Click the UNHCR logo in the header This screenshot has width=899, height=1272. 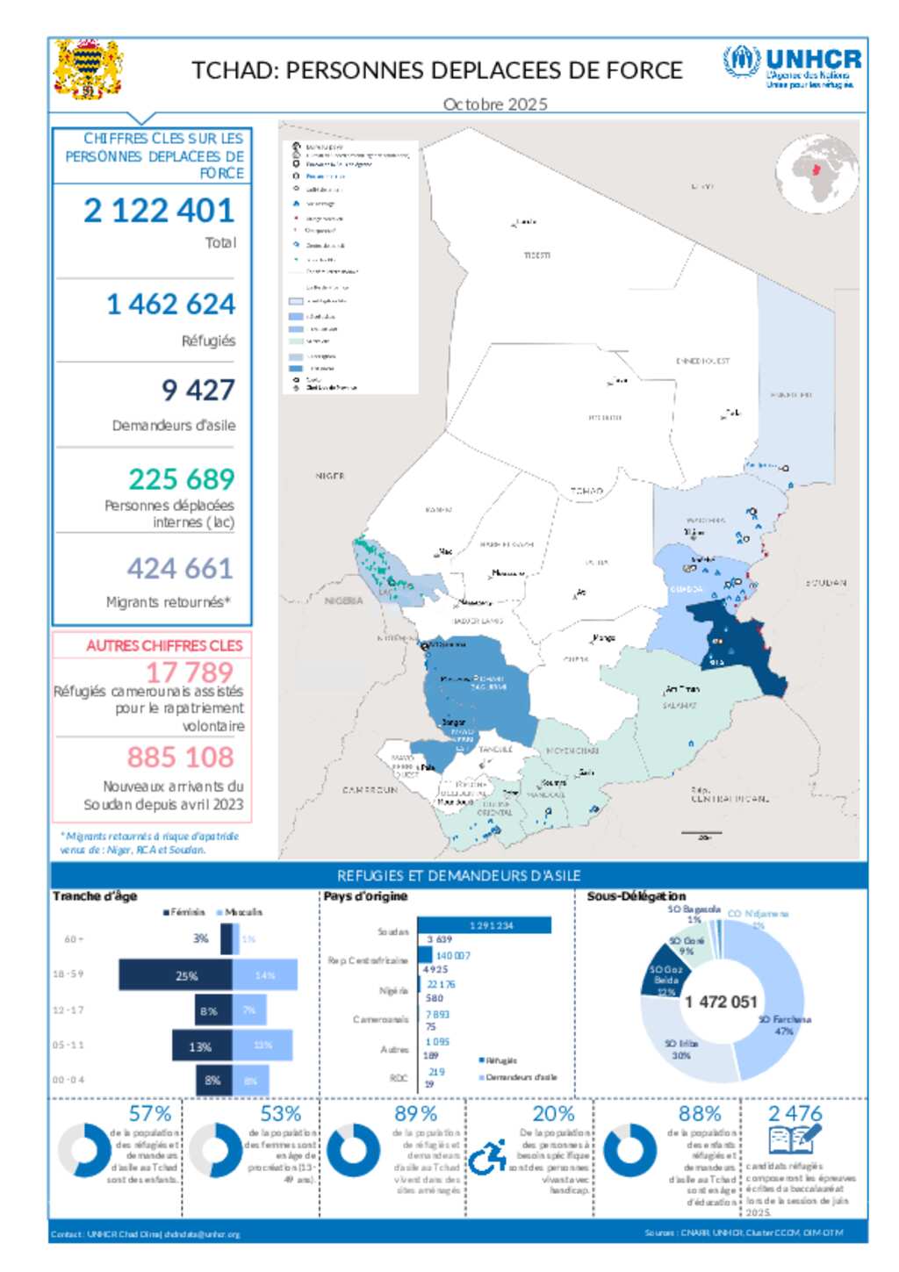click(x=791, y=66)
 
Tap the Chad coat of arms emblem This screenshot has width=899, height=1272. click(x=87, y=69)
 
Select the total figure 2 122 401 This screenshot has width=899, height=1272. click(x=159, y=211)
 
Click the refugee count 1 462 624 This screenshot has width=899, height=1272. click(x=170, y=305)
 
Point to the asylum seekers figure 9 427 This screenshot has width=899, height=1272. click(x=198, y=390)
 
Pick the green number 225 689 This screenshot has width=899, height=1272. click(x=182, y=479)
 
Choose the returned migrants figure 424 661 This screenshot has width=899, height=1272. click(x=180, y=569)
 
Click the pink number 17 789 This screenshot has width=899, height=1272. click(x=189, y=672)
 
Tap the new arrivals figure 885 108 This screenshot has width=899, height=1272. click(x=180, y=757)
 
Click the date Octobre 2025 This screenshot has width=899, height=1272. click(x=495, y=104)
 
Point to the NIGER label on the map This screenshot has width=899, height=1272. click(x=330, y=476)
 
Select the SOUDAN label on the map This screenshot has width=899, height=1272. click(x=825, y=583)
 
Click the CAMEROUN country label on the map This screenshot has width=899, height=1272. click(x=370, y=790)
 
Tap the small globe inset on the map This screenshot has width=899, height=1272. click(x=816, y=175)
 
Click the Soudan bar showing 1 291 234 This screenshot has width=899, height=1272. click(x=485, y=925)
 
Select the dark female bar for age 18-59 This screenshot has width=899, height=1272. click(x=176, y=975)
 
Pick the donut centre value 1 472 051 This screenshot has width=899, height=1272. click(x=720, y=1003)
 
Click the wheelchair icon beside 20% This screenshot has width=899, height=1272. click(x=487, y=1157)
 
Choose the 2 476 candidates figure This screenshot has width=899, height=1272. click(x=795, y=1114)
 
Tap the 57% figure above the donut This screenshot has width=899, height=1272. click(x=150, y=1114)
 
